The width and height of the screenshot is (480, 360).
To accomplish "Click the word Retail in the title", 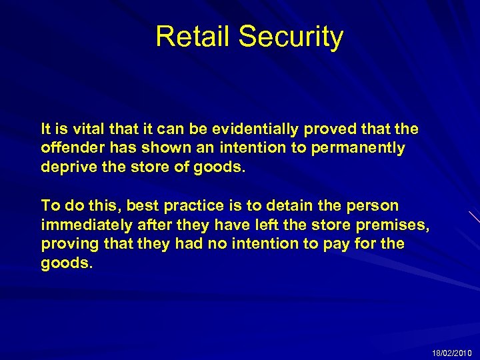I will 193,37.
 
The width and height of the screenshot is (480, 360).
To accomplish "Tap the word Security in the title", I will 291,37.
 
